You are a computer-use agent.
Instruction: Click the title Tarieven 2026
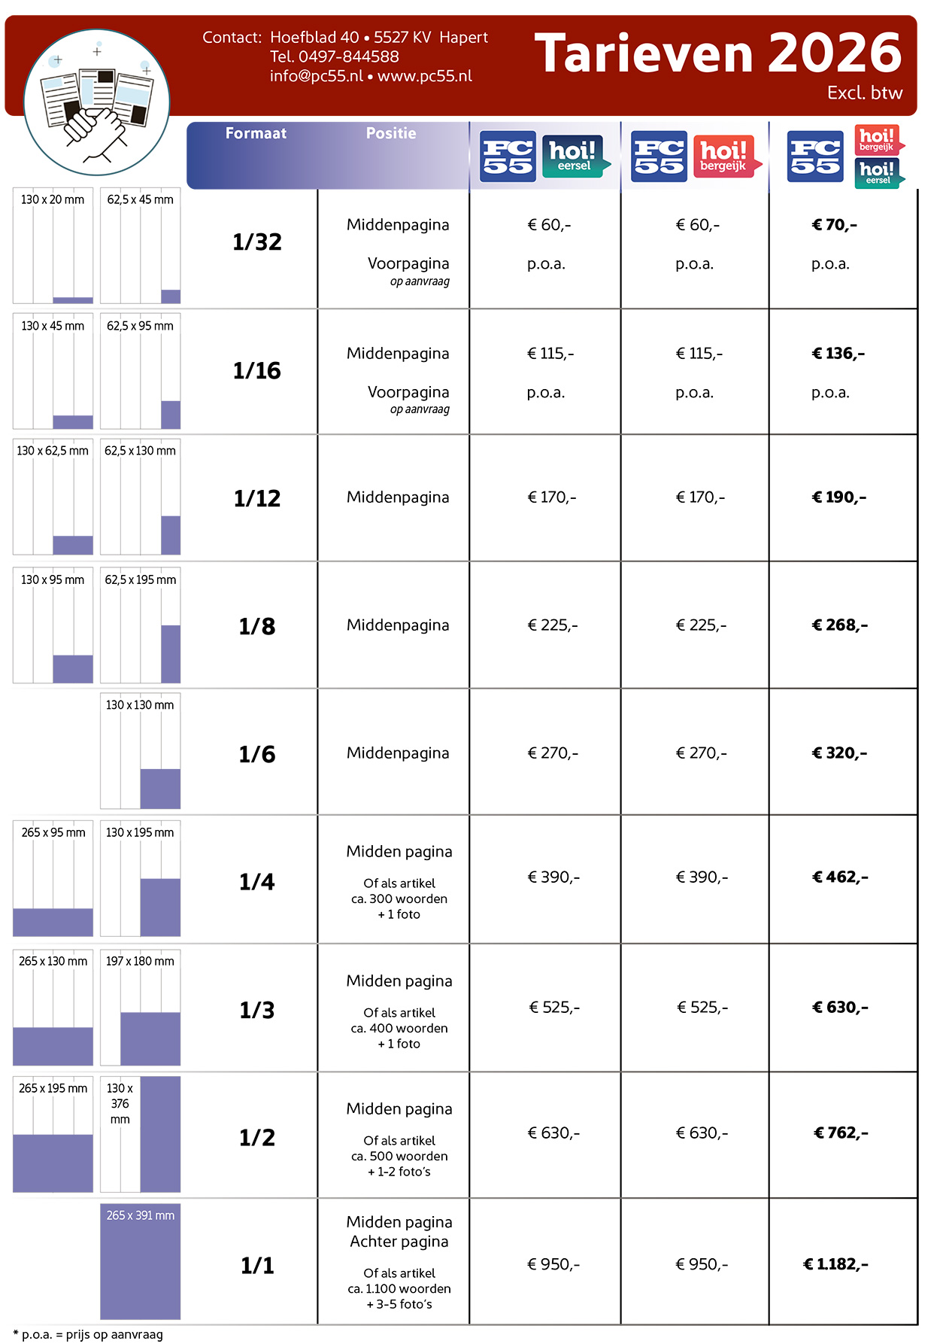[x=717, y=53]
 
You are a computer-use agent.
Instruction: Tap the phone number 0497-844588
[x=348, y=56]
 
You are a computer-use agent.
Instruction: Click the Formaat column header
[x=256, y=133]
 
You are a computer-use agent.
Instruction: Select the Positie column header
[x=390, y=133]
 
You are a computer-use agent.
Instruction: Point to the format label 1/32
[x=256, y=242]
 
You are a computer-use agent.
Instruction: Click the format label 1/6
[x=256, y=754]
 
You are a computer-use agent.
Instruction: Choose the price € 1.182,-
[x=835, y=1264]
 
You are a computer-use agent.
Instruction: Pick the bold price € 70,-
[x=834, y=225]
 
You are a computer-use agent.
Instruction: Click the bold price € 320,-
[x=839, y=753]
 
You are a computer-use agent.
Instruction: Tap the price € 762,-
[x=841, y=1133]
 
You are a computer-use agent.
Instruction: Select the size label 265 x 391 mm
[x=140, y=1215]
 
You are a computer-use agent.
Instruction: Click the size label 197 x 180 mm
[x=140, y=961]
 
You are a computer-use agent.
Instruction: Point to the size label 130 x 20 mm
[x=53, y=199]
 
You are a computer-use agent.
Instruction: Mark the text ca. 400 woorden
[x=399, y=1028]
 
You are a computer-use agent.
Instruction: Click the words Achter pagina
[x=399, y=1242]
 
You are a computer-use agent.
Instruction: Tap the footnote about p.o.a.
[x=88, y=1334]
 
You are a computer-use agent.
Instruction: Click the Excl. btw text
[x=864, y=93]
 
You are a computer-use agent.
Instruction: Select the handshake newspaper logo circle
[x=96, y=102]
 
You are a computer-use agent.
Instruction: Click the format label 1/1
[x=256, y=1266]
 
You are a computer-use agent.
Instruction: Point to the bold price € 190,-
[x=838, y=497]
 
